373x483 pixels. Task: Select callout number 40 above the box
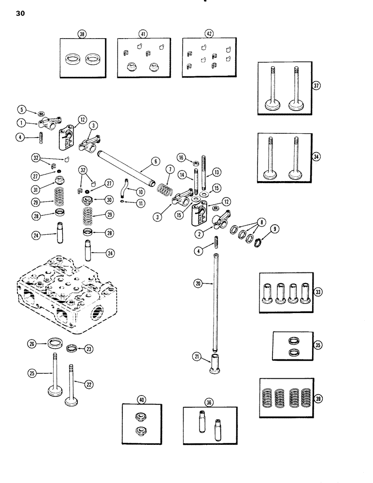click(142, 399)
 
